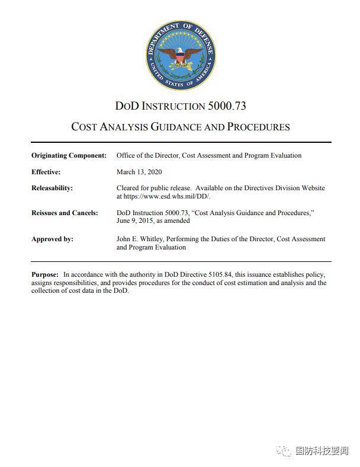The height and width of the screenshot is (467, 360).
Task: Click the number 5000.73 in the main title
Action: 227,107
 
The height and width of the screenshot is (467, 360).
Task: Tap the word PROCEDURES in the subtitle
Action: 258,127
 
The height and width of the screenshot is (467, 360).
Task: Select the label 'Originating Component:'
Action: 69,155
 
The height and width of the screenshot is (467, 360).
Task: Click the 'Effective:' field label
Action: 46,172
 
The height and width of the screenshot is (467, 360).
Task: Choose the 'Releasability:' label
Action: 52,188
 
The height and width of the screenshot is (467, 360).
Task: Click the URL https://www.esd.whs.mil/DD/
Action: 166,196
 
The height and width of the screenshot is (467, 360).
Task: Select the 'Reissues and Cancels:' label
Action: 64,213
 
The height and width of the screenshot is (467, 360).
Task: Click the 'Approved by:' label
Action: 52,239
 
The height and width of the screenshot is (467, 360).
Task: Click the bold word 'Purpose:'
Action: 45,274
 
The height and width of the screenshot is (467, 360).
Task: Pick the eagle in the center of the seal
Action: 180,57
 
